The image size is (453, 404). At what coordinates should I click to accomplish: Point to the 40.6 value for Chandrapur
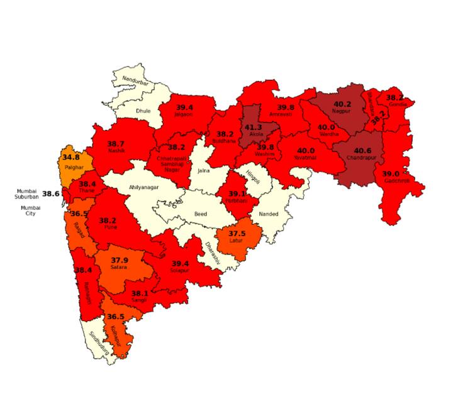pos(362,151)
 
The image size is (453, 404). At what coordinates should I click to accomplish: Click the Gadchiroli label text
pos(397,181)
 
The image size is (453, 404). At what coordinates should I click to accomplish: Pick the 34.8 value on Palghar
pos(70,157)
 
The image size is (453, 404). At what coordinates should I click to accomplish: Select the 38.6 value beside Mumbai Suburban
pos(51,194)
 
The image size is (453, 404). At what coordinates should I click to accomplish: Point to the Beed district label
pos(201,214)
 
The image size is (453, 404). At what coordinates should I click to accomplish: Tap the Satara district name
pos(118,267)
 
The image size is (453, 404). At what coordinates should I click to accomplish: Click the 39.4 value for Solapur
pos(180,263)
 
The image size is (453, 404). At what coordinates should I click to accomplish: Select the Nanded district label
pos(269,214)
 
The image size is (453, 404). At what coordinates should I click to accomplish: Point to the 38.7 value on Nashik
pos(116,144)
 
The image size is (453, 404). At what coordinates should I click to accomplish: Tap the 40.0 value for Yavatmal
pos(306,151)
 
